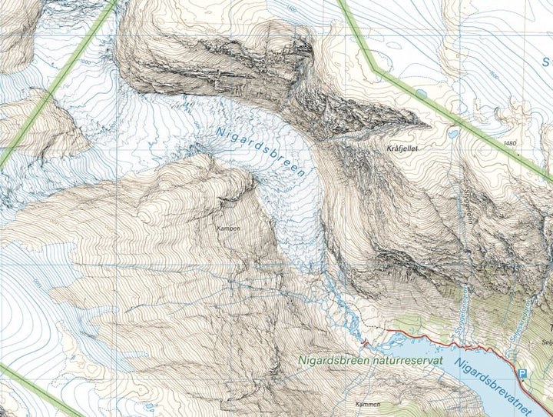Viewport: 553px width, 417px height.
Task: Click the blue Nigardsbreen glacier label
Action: [x=260, y=152]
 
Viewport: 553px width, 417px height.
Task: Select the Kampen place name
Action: [x=228, y=229]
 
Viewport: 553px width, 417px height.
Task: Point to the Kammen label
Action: [x=369, y=403]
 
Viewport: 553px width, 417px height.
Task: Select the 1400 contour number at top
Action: [x=290, y=8]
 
